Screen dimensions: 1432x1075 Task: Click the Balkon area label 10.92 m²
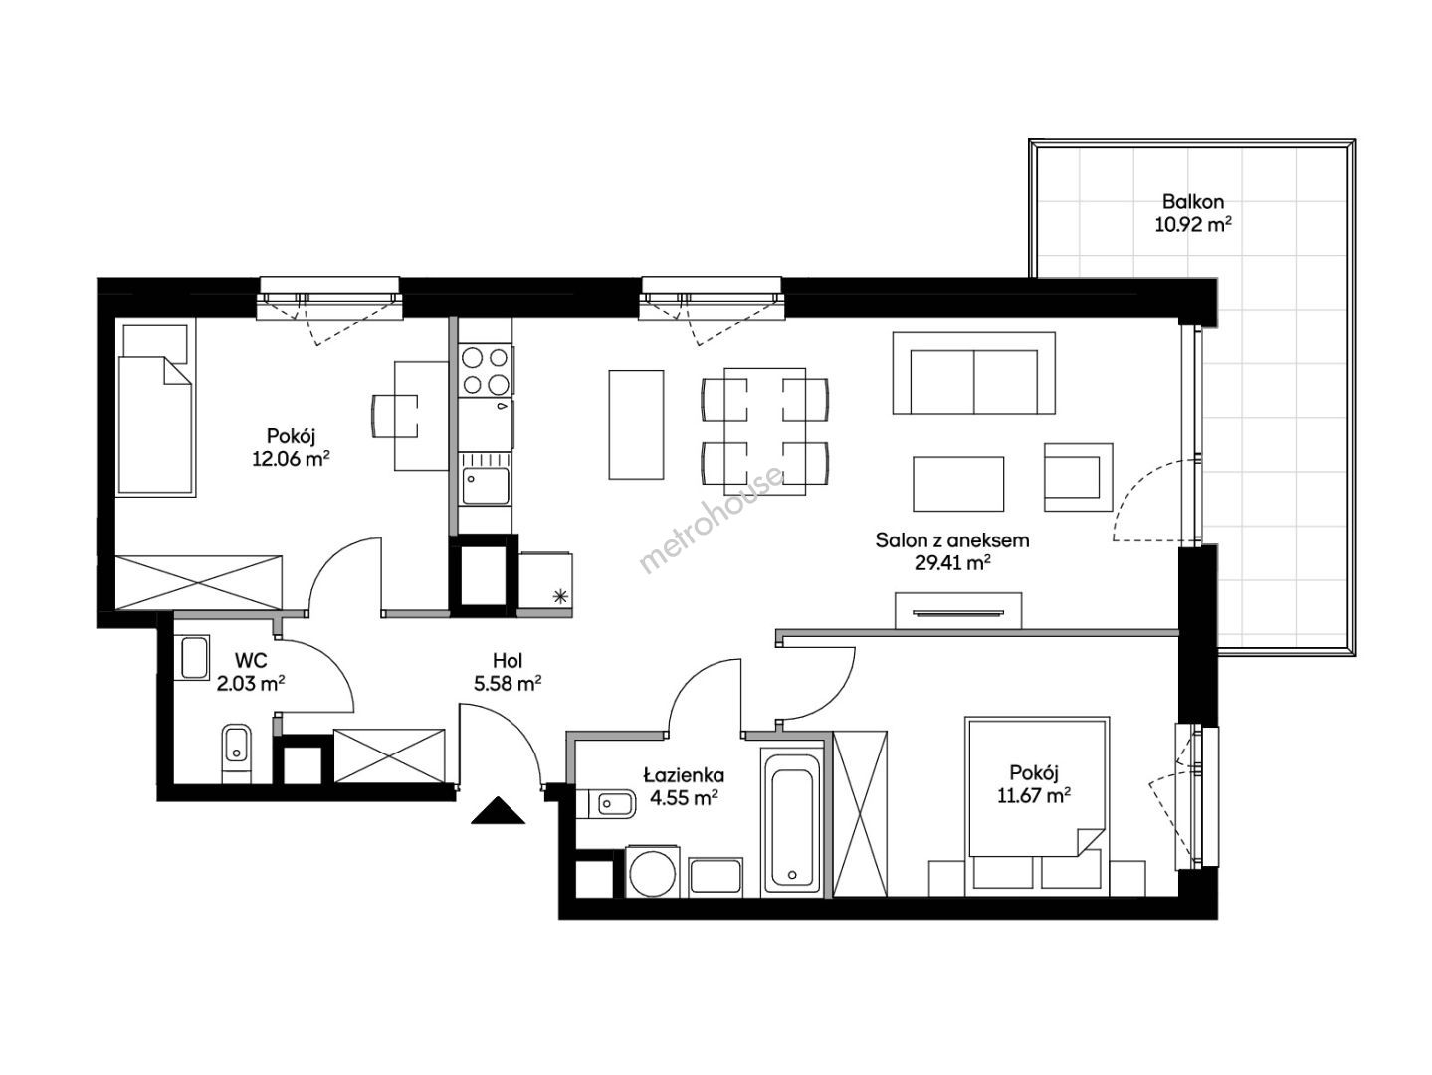(1192, 225)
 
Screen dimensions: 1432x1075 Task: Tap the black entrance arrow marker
(499, 811)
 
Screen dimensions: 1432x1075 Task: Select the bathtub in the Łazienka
(791, 821)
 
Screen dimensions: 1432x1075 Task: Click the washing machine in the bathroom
(653, 872)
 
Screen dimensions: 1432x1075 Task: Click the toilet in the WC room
(236, 752)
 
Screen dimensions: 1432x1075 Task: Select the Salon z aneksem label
(951, 540)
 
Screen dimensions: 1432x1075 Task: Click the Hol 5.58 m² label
(508, 673)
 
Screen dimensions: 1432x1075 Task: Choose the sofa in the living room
(973, 373)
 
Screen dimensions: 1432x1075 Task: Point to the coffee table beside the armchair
(957, 484)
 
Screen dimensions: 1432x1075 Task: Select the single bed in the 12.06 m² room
(156, 408)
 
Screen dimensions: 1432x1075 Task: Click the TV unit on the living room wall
(957, 610)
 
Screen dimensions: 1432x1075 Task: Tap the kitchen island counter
(636, 425)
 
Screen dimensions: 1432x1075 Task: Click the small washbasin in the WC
(195, 658)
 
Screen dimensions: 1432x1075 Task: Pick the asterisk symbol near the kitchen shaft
(559, 595)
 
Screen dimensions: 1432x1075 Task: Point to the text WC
(251, 661)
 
